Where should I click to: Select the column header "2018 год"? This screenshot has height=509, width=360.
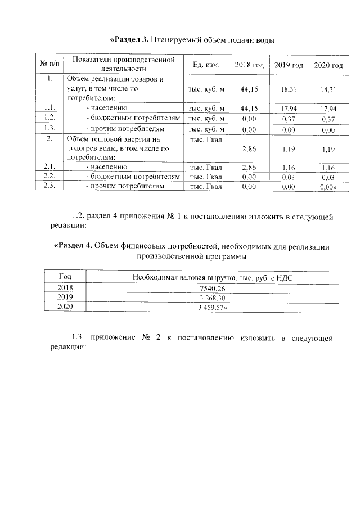pos(249,65)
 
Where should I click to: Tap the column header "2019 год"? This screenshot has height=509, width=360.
pos(289,66)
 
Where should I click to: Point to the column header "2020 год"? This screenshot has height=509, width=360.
pos(328,66)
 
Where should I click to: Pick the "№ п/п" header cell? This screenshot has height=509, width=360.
pos(50,63)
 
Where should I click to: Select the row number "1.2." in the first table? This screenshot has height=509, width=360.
pos(50,118)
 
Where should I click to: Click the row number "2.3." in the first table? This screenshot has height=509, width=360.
pos(50,186)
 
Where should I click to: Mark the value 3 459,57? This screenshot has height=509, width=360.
pos(214,307)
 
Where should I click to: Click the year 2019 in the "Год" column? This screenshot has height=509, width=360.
pos(65,297)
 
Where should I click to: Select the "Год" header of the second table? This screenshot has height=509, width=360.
pos(65,276)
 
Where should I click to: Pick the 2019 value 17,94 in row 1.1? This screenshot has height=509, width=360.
pos(289,108)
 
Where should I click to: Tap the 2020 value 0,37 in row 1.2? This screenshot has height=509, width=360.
pos(328,119)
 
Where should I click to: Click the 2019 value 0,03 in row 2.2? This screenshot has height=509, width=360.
pos(289,177)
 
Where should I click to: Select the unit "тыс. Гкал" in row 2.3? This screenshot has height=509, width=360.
pos(206,186)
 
